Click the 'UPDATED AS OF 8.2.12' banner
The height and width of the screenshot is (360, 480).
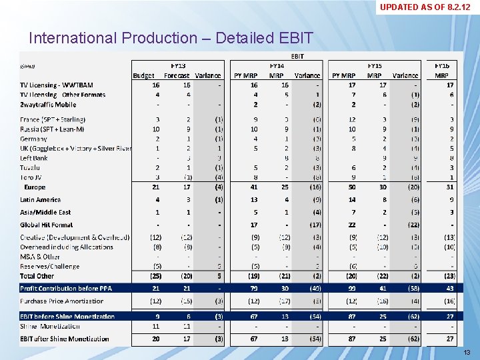[429, 7]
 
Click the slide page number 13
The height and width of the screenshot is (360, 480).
[467, 352]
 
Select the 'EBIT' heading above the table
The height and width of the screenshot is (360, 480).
[297, 57]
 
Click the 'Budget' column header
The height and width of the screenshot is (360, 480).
[143, 75]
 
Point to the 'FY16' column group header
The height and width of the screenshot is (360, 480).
[441, 66]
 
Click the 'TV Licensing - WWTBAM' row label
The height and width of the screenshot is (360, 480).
[57, 85]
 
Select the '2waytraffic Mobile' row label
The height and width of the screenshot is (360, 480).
[48, 105]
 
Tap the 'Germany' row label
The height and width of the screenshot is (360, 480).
[35, 139]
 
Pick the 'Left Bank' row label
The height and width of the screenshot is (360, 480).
[34, 158]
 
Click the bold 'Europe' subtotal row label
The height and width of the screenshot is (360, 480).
[35, 187]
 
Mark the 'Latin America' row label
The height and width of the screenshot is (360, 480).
[40, 199]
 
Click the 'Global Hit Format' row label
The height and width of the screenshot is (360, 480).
[47, 225]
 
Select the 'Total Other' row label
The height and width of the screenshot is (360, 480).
[37, 275]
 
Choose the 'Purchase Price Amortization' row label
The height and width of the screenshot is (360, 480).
[61, 301]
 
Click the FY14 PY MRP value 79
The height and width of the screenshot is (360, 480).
[253, 288]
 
